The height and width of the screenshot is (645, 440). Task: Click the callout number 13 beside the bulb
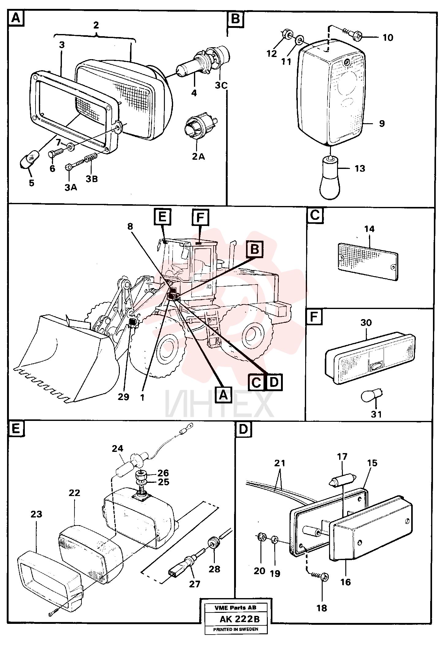click(x=360, y=168)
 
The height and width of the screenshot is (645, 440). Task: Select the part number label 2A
click(x=198, y=157)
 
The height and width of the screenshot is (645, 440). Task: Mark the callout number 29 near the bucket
click(x=123, y=397)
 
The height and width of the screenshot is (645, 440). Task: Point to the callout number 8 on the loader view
click(x=130, y=226)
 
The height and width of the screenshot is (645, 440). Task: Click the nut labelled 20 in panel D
click(x=261, y=536)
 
